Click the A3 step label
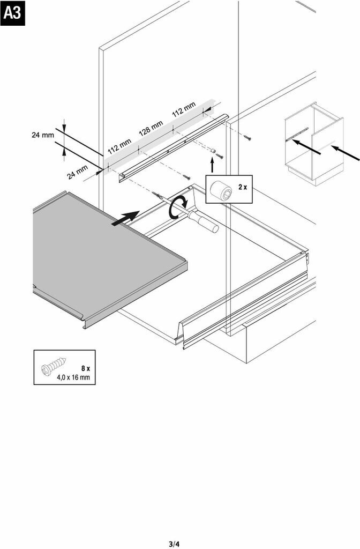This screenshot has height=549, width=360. tap(12, 13)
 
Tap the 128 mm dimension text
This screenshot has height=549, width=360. tap(151, 129)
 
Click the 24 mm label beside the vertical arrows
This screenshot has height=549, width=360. tap(43, 135)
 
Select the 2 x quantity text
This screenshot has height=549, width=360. tap(243, 187)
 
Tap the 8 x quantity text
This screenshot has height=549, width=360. tap(86, 368)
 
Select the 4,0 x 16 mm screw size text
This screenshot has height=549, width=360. tap(73, 378)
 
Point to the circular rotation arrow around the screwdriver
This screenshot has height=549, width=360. tap(178, 207)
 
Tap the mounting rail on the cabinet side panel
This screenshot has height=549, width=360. tap(171, 147)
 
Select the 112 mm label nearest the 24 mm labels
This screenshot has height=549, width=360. tap(119, 146)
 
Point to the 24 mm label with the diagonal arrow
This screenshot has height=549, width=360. tap(77, 172)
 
